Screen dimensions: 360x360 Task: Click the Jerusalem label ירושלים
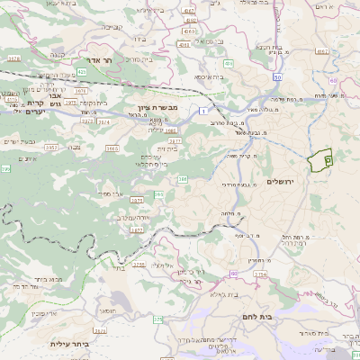click(288, 181)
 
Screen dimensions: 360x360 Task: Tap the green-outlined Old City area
click(320, 160)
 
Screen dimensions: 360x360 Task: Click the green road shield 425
click(82, 70)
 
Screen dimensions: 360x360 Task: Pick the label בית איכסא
click(209, 78)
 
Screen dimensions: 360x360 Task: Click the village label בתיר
click(118, 267)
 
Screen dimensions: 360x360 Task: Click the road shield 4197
click(187, 10)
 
